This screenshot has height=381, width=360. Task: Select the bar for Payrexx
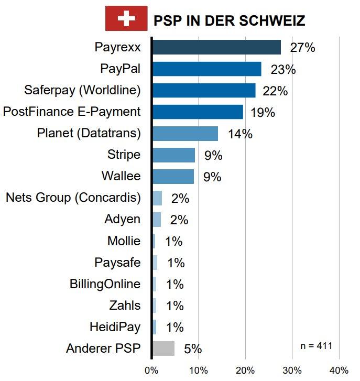(216, 47)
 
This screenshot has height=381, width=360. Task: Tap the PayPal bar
(206, 69)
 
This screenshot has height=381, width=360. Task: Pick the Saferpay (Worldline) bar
(203, 90)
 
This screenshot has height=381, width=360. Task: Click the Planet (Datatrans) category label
(89, 133)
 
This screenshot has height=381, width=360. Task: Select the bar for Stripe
(173, 155)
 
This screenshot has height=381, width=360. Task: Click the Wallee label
(122, 176)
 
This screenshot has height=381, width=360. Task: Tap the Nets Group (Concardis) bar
(157, 198)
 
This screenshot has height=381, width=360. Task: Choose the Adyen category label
(123, 219)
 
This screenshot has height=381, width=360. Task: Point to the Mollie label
(124, 241)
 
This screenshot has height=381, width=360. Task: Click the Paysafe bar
(155, 263)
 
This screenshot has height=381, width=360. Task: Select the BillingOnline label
(105, 284)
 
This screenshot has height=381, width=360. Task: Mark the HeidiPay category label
(115, 327)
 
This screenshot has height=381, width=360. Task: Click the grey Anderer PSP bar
(163, 349)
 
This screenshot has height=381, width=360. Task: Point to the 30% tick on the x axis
(292, 370)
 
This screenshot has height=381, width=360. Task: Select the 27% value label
(302, 48)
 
